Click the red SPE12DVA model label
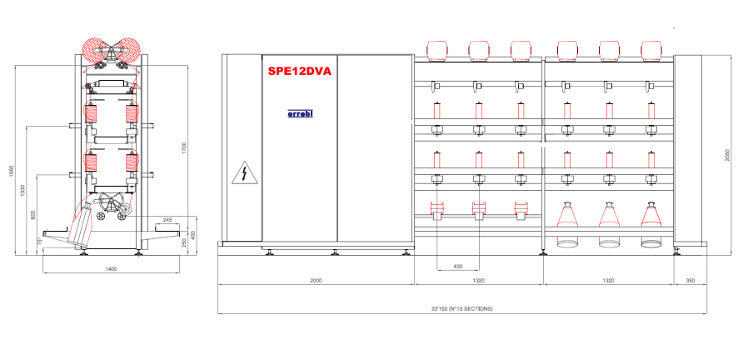300,72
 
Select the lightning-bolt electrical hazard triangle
243,174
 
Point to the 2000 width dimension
316,281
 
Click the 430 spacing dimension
457,266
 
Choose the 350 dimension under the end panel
690,281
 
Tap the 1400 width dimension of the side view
112,269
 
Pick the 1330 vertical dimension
22,190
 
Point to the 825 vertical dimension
33,215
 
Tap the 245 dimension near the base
167,220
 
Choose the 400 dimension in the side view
194,235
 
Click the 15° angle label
39,242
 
